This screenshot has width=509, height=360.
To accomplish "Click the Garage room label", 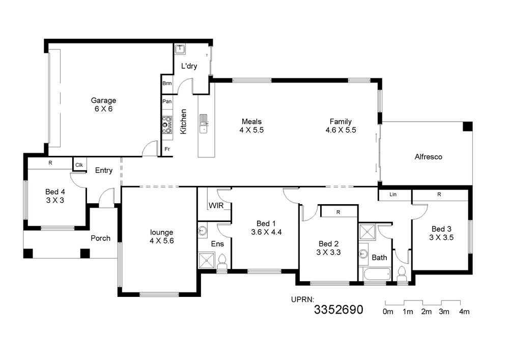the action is (x=103, y=101).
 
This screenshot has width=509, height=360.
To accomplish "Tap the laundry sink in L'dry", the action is (x=180, y=49).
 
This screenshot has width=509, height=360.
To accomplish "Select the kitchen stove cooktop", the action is (x=167, y=125).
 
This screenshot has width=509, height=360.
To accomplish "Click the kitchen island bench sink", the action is (x=204, y=123).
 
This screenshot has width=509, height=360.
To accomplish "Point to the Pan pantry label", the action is (x=167, y=101).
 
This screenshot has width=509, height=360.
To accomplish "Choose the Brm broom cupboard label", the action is (x=167, y=84).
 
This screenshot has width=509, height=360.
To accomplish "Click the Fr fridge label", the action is (x=167, y=149).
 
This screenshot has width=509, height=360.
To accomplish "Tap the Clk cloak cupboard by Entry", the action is (x=79, y=165).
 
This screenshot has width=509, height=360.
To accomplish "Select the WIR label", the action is (x=216, y=206).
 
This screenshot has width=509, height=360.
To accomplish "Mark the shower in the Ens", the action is (x=207, y=260).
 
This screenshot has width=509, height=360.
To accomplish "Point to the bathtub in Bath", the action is (x=377, y=275).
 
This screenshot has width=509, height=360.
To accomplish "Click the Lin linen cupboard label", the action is (x=393, y=195).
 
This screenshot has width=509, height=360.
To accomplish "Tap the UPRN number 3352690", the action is (x=338, y=310).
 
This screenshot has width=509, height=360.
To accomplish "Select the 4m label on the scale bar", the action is (x=464, y=312).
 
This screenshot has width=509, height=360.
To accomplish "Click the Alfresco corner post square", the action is (x=467, y=126).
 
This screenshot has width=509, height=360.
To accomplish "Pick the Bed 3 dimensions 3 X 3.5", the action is (x=441, y=237).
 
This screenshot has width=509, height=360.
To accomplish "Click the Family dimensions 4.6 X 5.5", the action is (x=341, y=130).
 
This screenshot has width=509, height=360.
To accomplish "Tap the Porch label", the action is (x=100, y=238).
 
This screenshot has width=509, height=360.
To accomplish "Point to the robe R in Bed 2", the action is (x=338, y=212).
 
